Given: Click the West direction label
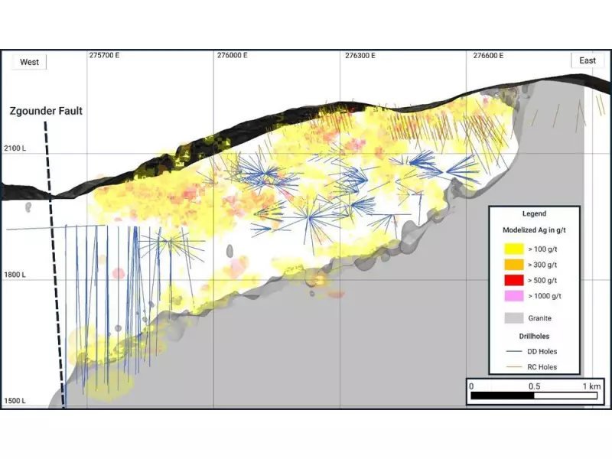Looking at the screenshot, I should click(x=29, y=62).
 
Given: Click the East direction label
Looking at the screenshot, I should click(x=588, y=61).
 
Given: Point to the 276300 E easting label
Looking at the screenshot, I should click(x=360, y=56).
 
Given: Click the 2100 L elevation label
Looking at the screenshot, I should click(x=15, y=148).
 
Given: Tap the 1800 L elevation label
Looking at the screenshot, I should click(x=15, y=275).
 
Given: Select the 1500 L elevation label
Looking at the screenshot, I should click(x=15, y=401).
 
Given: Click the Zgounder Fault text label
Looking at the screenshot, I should click(x=45, y=111).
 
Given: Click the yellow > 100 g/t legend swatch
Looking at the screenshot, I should click(x=514, y=249).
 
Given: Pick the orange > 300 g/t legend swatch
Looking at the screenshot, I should click(x=514, y=264).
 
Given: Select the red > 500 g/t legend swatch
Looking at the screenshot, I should click(x=514, y=280).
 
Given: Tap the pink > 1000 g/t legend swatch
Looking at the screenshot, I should click(x=514, y=295).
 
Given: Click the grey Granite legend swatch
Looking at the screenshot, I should click(x=514, y=317).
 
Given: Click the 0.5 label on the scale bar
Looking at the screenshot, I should click(x=533, y=386).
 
